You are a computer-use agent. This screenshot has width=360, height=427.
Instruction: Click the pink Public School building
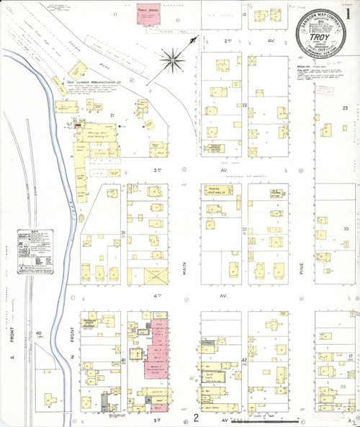tap(150, 17)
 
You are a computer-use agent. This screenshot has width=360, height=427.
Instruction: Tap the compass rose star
tap(173, 59)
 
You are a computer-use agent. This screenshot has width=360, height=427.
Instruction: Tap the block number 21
tap(112, 115)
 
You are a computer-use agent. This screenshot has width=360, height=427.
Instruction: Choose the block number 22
tap(245, 106)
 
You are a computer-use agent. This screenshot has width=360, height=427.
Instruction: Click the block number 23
tap(346, 108)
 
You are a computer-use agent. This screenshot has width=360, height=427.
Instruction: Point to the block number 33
tap(346, 229)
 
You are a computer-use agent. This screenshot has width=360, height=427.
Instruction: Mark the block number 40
tap(38, 333)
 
